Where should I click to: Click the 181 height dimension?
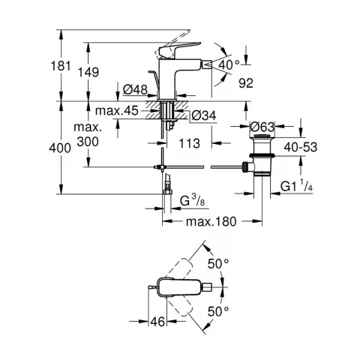click(x=61, y=66)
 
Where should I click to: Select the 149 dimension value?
click(x=88, y=72)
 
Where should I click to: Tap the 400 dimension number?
click(x=60, y=148)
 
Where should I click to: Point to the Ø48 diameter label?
click(x=135, y=89)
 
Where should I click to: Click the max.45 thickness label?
click(x=117, y=110)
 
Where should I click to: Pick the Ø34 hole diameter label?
click(x=204, y=115)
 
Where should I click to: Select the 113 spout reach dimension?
click(x=190, y=143)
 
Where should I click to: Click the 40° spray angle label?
click(x=229, y=65)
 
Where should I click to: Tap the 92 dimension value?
click(x=246, y=83)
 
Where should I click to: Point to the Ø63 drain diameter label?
click(x=262, y=127)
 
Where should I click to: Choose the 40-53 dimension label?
click(x=301, y=147)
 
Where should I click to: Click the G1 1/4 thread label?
click(x=296, y=186)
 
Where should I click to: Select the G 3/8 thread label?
click(x=192, y=201)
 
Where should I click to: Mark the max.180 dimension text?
click(x=211, y=221)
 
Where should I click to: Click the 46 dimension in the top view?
click(x=158, y=322)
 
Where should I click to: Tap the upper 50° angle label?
click(x=218, y=263)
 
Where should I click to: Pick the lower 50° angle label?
click(x=218, y=311)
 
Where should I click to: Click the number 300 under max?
click(x=88, y=142)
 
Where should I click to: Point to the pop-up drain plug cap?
click(x=262, y=136)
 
